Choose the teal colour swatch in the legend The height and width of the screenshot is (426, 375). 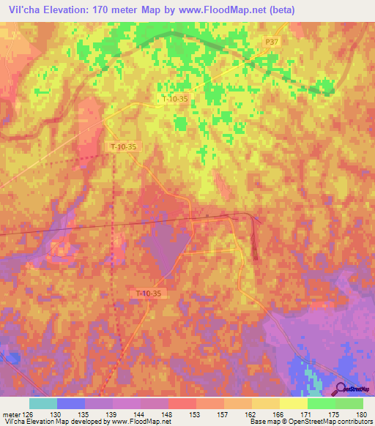click(x=42, y=403)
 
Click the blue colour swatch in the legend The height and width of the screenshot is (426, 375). click(x=70, y=403)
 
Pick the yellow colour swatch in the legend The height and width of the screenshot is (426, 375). click(x=293, y=403)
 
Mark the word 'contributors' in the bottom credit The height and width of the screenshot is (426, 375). click(x=354, y=422)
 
